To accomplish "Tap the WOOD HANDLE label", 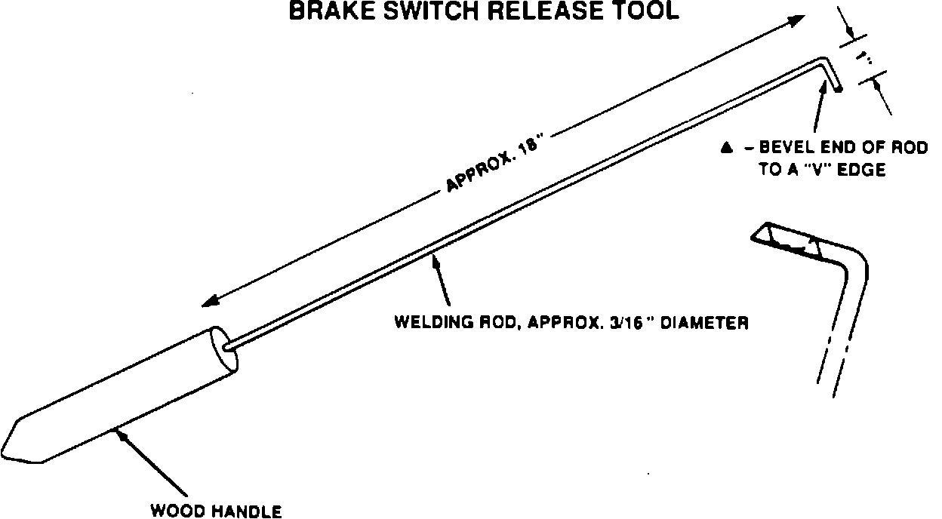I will click(x=217, y=511).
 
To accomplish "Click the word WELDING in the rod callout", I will click(x=426, y=323).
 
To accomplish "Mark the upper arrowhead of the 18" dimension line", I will click(x=799, y=19).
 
